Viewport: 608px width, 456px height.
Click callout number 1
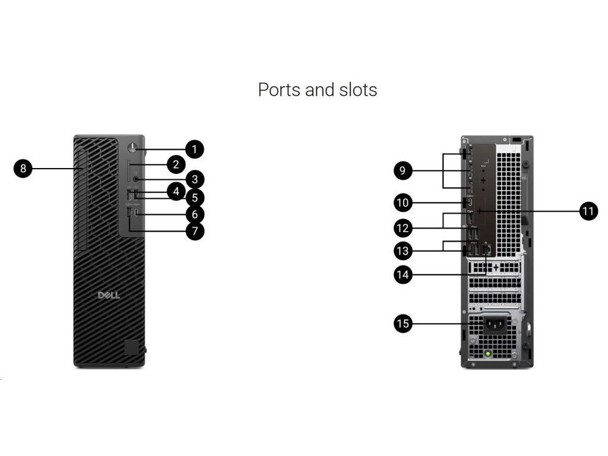pyautogui.click(x=194, y=149)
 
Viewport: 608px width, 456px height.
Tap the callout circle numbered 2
pyautogui.click(x=176, y=164)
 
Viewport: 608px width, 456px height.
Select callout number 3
pyautogui.click(x=194, y=179)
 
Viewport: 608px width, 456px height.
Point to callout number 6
pyautogui.click(x=194, y=214)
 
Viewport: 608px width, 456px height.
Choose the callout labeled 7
pyautogui.click(x=194, y=230)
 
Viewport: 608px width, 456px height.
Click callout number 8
pyautogui.click(x=23, y=169)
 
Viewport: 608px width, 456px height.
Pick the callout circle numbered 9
pyautogui.click(x=403, y=172)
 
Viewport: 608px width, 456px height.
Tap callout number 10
pyautogui.click(x=403, y=203)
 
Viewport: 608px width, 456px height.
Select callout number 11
pyautogui.click(x=588, y=211)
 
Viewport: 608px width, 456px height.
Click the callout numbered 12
pyautogui.click(x=403, y=227)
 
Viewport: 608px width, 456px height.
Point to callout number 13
pyautogui.click(x=403, y=251)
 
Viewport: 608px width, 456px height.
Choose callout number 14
pyautogui.click(x=403, y=274)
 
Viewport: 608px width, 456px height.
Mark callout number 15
pyautogui.click(x=403, y=324)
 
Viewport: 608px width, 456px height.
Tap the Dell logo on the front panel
pyautogui.click(x=109, y=295)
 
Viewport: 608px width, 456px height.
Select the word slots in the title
pyautogui.click(x=357, y=90)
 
